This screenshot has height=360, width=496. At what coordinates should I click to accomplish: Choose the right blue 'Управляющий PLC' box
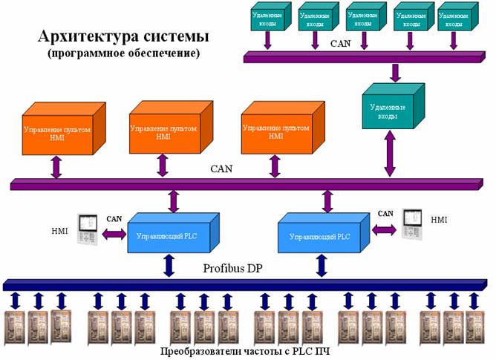pyautogui.click(x=321, y=235)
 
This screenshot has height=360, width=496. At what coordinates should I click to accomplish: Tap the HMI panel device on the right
pyautogui.click(x=413, y=220)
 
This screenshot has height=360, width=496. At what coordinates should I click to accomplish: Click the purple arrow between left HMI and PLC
pyautogui.click(x=115, y=234)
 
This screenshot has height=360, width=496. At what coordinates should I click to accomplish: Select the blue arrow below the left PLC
pyautogui.click(x=170, y=265)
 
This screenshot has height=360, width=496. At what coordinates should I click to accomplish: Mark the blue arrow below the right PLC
pyautogui.click(x=322, y=265)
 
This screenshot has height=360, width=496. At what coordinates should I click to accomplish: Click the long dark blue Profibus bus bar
pyautogui.click(x=245, y=285)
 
